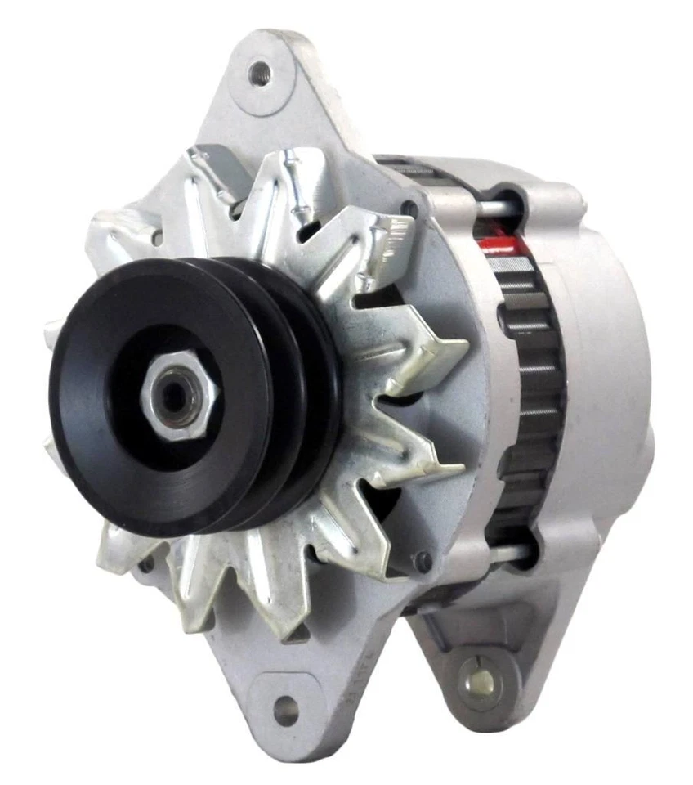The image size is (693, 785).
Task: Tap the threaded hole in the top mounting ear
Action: pyautogui.click(x=261, y=73)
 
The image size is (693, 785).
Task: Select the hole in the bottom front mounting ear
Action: pyautogui.click(x=285, y=709)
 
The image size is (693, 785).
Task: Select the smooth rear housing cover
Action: pyautogui.click(x=605, y=368)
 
